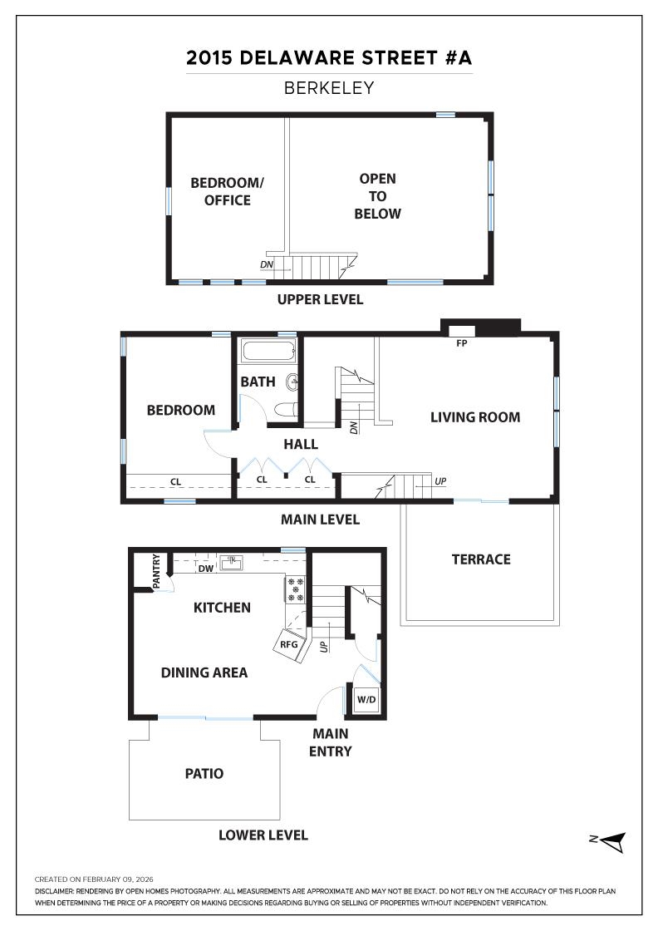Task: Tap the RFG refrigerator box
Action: tap(288, 643)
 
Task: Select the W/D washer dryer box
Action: tap(366, 700)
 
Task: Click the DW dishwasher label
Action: tap(205, 569)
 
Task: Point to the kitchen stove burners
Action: tap(296, 589)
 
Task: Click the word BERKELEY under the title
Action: tap(329, 87)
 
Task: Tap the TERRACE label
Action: tap(481, 559)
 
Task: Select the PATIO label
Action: tap(204, 774)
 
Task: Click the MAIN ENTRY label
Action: tap(331, 742)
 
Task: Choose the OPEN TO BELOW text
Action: tap(377, 196)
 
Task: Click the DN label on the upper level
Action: tap(267, 265)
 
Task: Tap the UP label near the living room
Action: tap(439, 481)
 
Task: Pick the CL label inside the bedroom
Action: tap(176, 480)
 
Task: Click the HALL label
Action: tap(301, 445)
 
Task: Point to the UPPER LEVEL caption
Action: tap(320, 299)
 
